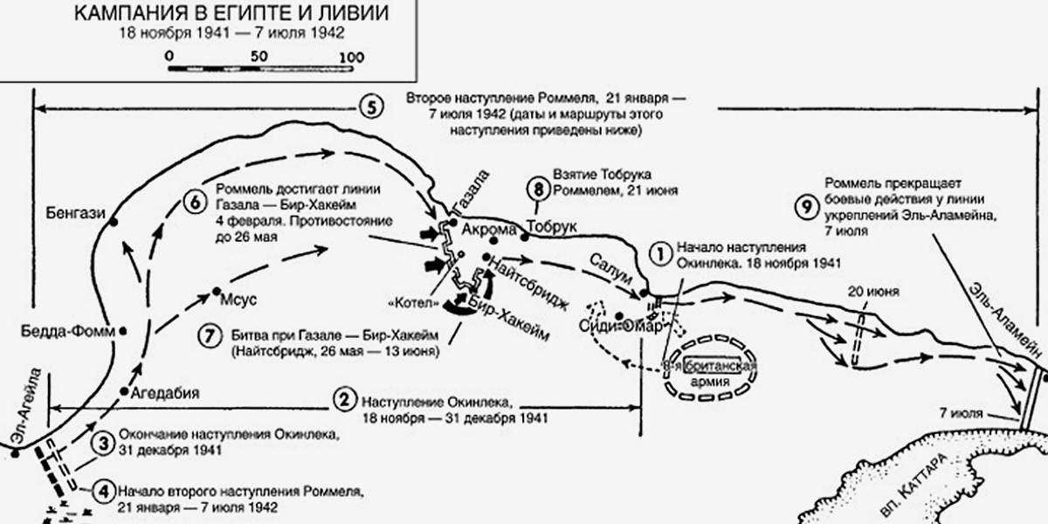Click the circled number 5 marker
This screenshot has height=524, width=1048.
tap(370, 108)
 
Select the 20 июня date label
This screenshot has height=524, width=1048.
tap(872, 291)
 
